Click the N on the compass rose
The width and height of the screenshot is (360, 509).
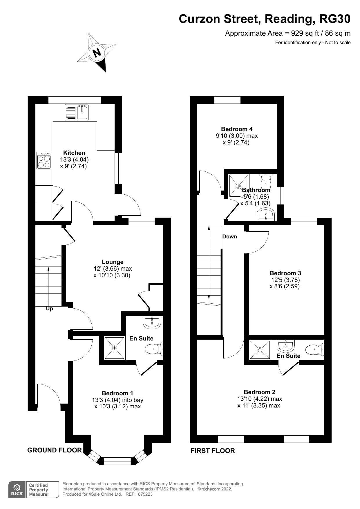pos(97,53)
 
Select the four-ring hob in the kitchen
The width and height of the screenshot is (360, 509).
pos(44,160)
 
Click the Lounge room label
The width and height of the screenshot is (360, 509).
pos(113,262)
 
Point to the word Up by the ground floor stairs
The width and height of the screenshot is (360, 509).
pos(50,309)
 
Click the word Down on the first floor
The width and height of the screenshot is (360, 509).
pos(229,237)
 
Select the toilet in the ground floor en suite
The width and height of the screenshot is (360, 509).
pos(154,349)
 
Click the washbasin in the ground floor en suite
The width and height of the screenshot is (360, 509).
pos(152,323)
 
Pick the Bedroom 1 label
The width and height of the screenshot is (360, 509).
pos(117,393)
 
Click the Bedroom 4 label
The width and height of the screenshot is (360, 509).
pos(237,129)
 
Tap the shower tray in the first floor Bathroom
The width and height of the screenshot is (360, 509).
pos(238,185)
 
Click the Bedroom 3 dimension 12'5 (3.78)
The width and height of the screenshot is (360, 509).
pos(285,280)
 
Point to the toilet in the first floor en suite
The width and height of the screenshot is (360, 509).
pos(315,349)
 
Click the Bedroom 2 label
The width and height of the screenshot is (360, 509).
pos(260,392)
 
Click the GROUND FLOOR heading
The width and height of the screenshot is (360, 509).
pos(55,450)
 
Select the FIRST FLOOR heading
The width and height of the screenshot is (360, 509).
pos(213,451)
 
